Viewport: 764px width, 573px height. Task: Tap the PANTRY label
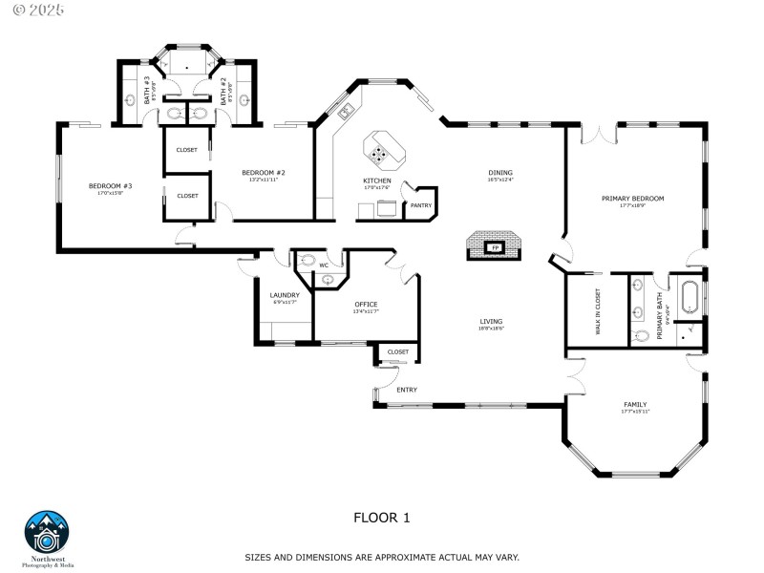tap(420, 204)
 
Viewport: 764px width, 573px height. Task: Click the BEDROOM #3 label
tap(110, 185)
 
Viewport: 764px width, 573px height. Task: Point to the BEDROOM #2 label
tap(264, 173)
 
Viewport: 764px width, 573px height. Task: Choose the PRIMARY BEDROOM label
tap(632, 199)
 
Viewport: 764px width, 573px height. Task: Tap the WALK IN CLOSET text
tap(599, 310)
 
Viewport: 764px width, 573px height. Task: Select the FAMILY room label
tap(635, 404)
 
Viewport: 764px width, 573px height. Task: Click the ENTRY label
tap(407, 390)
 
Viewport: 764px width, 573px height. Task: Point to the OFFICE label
tap(366, 305)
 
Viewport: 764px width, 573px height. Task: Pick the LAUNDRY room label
tap(285, 295)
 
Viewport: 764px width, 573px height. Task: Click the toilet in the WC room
tap(308, 260)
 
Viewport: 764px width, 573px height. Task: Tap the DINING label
tap(500, 173)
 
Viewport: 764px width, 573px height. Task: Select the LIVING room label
tap(491, 322)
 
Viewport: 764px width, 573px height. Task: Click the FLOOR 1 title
tap(381, 518)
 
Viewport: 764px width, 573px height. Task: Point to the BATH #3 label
tap(148, 91)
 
